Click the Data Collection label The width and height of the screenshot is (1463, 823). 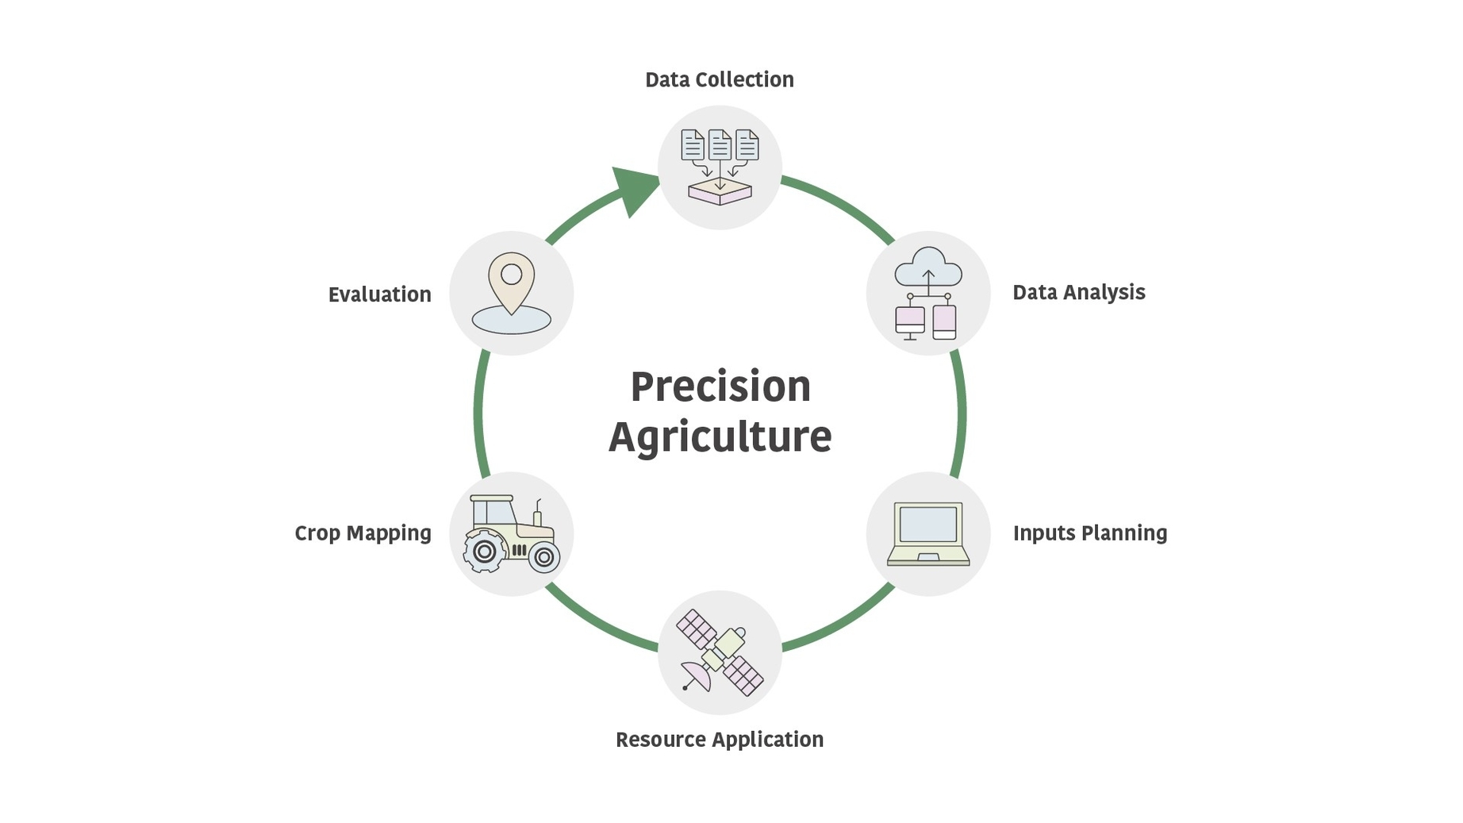[719, 80]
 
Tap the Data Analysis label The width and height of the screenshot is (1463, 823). [1078, 293]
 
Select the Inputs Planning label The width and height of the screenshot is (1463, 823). [1089, 533]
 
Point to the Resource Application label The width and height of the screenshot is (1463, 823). [719, 740]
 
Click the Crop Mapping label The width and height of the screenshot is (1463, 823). [363, 533]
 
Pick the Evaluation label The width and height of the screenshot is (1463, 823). [379, 294]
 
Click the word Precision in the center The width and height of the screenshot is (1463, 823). [720, 387]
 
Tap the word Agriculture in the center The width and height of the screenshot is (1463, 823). [720, 437]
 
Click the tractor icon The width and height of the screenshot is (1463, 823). [512, 533]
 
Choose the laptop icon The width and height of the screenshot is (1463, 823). [928, 533]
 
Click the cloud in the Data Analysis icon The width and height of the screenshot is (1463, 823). [928, 267]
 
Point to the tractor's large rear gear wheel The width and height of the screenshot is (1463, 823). [485, 551]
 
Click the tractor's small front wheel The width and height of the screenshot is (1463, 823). [544, 557]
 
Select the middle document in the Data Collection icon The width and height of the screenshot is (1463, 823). [720, 145]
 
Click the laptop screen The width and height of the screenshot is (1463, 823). [928, 524]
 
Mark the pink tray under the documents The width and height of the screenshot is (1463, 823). [720, 192]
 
